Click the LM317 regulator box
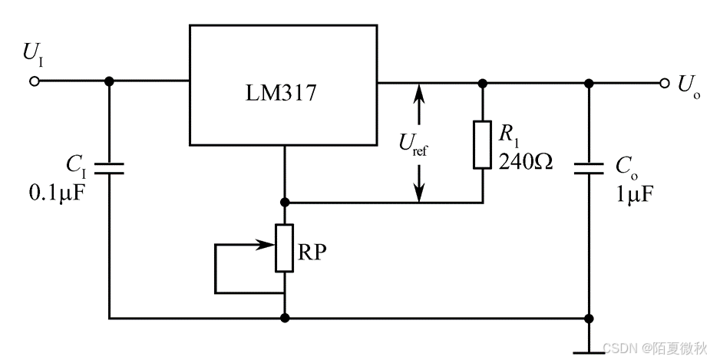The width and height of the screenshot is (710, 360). (x=283, y=85)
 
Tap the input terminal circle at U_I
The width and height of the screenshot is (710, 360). (x=34, y=81)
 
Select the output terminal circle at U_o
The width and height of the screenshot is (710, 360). (x=664, y=83)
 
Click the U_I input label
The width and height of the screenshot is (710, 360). (x=33, y=54)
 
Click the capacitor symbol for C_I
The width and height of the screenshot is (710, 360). (x=109, y=169)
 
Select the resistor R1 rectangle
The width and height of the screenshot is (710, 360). (x=482, y=144)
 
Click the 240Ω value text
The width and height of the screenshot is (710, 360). (x=525, y=162)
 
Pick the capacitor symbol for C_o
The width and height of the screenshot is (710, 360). (x=589, y=169)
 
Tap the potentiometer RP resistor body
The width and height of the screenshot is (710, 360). (x=285, y=248)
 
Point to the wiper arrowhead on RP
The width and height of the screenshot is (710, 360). (x=269, y=246)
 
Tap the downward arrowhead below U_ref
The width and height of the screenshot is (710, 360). (x=419, y=196)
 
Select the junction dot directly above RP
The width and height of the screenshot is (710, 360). (x=285, y=203)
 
